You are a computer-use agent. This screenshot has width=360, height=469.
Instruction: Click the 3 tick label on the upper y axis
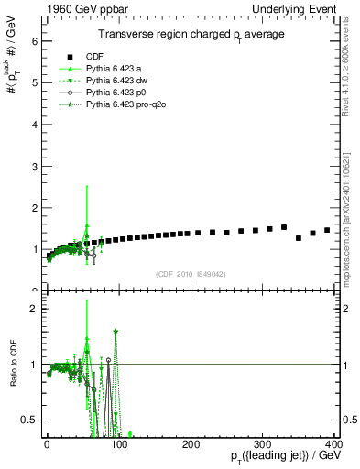(34, 166)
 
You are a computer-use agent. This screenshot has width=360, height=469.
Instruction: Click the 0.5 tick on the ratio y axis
(30, 420)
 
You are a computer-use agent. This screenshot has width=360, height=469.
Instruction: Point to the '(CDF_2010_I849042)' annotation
(191, 274)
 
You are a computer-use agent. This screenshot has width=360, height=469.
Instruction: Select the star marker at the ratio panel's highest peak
(115, 331)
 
